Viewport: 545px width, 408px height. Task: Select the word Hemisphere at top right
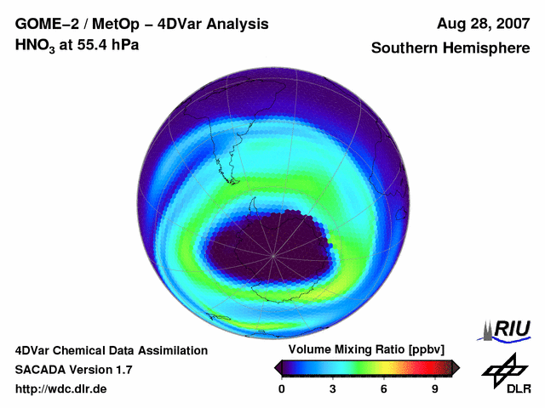(x=487, y=48)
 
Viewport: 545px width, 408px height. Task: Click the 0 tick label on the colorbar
(x=282, y=388)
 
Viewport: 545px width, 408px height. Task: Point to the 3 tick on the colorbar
(x=333, y=388)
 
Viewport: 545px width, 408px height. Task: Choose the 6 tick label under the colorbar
(x=384, y=388)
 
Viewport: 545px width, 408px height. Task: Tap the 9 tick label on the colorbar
(x=434, y=388)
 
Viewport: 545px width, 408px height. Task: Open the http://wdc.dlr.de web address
(x=61, y=389)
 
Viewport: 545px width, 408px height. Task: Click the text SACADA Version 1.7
(x=73, y=370)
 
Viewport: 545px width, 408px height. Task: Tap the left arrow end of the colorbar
(x=278, y=367)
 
